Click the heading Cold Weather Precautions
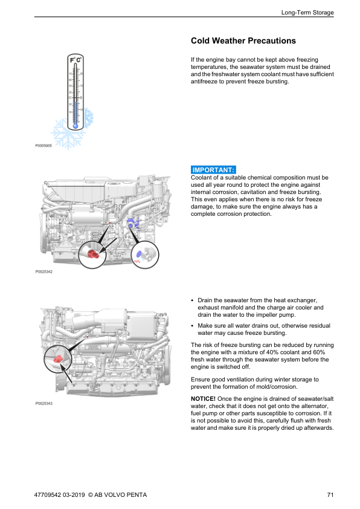[243, 41]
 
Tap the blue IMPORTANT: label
[213, 170]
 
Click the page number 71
[330, 494]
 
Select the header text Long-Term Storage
[307, 12]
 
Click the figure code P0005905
[43, 146]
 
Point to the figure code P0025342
[43, 271]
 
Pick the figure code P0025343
[43, 403]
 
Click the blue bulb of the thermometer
[76, 126]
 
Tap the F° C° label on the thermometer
[76, 60]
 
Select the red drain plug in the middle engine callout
[93, 253]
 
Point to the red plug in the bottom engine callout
[58, 359]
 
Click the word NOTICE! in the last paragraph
[203, 398]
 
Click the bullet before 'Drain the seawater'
[192, 300]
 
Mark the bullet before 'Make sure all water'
[192, 326]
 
